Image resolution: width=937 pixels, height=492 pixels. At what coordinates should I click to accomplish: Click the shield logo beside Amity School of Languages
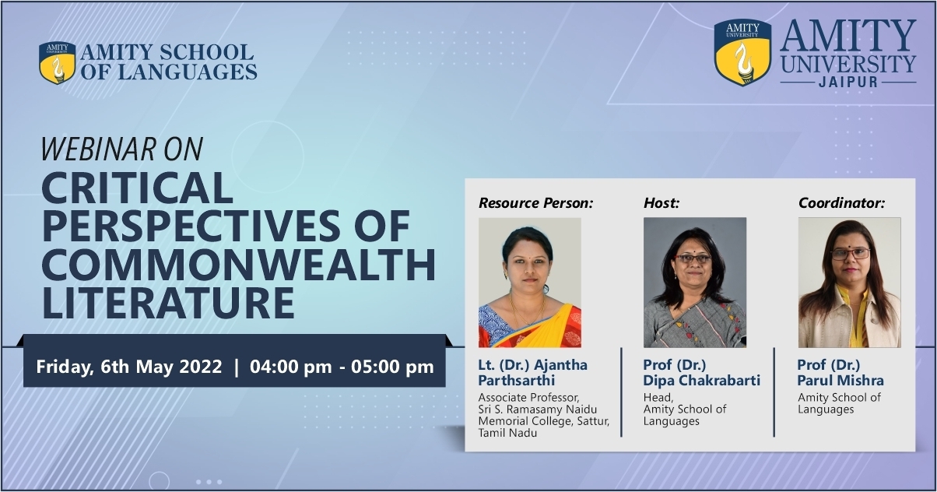(x=58, y=63)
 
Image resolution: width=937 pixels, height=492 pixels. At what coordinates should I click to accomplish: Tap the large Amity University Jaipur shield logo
(x=742, y=53)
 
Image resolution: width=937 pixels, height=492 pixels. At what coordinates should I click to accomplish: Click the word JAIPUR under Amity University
(x=848, y=82)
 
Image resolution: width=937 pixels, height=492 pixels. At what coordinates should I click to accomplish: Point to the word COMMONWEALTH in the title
(x=239, y=265)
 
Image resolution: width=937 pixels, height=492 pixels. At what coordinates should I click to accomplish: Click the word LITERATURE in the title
(x=168, y=303)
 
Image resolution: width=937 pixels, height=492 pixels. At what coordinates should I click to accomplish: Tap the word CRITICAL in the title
(x=137, y=187)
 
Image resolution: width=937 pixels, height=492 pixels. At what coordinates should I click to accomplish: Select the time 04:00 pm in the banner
(x=291, y=367)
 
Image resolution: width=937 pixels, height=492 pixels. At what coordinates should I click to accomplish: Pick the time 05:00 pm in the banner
(x=392, y=367)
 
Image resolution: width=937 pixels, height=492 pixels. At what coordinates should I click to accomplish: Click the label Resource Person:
(x=536, y=203)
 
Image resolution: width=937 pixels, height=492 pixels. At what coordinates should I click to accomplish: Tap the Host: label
(x=662, y=203)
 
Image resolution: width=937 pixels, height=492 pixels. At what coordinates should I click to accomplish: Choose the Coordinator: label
(x=841, y=203)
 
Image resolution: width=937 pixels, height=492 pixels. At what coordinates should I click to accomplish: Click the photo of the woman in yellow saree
(x=529, y=283)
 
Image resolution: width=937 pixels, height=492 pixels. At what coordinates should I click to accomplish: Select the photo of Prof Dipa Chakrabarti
(x=695, y=283)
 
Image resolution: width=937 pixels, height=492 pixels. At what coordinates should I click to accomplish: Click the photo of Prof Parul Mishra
(x=850, y=283)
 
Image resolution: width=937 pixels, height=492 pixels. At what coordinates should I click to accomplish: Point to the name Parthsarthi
(x=517, y=381)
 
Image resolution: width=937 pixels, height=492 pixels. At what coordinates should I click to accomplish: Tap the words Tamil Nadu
(x=507, y=433)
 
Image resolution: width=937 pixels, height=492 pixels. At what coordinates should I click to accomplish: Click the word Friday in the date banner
(x=65, y=367)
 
